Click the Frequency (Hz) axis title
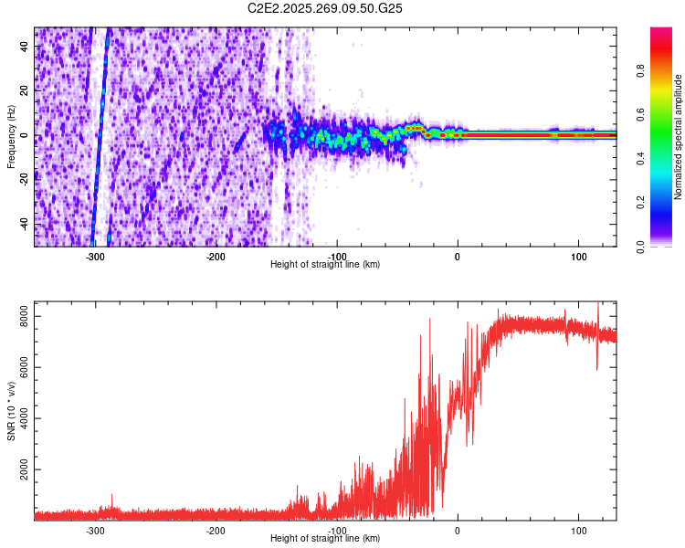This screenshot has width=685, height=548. click(11, 137)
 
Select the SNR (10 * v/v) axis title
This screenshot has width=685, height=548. click(11, 411)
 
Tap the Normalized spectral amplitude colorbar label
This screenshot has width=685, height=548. click(679, 137)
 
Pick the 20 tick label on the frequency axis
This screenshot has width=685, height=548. click(26, 91)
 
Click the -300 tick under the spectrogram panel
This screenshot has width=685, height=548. click(95, 257)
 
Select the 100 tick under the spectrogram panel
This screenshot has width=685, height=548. click(578, 257)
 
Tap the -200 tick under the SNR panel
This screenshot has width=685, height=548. click(216, 531)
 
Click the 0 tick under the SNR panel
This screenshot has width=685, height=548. click(458, 531)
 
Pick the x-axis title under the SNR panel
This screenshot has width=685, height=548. click(325, 539)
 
